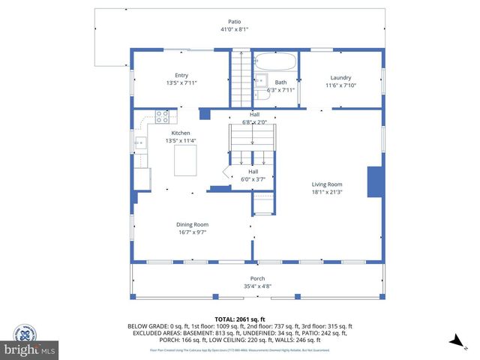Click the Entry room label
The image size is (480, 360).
click(x=181, y=75)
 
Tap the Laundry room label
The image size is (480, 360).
click(x=340, y=77)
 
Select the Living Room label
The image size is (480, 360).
click(x=327, y=184)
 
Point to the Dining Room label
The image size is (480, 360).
click(x=192, y=224)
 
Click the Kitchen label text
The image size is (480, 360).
click(x=181, y=133)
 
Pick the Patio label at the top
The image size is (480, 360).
click(x=235, y=22)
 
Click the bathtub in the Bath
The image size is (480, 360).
click(x=276, y=61)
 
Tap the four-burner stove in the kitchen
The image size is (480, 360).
click(x=161, y=116)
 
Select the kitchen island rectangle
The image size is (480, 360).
click(x=185, y=160)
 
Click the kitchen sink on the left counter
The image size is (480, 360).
click(x=139, y=142)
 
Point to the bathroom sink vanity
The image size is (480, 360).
click(x=261, y=82)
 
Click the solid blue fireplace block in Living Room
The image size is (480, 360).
click(x=373, y=182)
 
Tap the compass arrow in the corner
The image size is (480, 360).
click(x=454, y=341)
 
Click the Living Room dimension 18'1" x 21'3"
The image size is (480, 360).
click(x=327, y=192)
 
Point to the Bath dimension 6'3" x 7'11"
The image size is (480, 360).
click(x=280, y=90)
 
